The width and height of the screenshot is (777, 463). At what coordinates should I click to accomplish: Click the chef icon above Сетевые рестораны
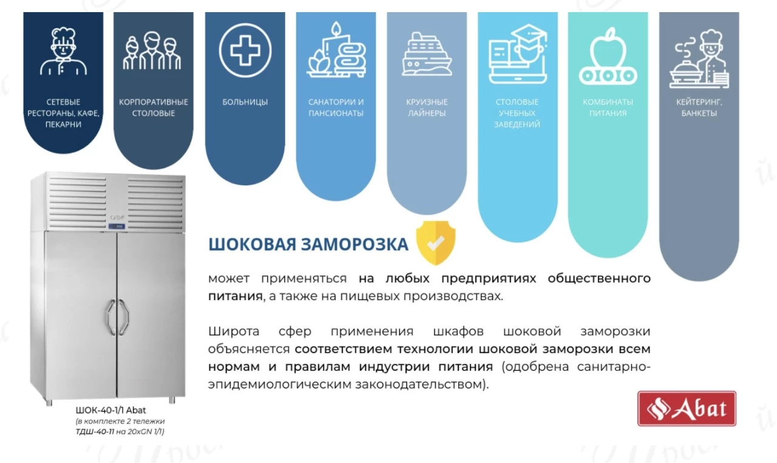click(x=63, y=52)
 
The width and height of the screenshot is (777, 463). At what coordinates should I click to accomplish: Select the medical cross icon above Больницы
click(x=245, y=50)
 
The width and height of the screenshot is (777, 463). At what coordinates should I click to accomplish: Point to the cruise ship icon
click(x=427, y=54)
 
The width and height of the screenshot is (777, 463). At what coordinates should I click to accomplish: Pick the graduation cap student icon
click(x=518, y=54)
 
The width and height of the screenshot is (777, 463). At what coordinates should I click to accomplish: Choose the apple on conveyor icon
click(x=608, y=57)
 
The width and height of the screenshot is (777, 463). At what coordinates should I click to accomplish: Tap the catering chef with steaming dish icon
click(x=699, y=59)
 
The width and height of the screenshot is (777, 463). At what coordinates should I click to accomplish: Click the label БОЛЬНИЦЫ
click(x=245, y=102)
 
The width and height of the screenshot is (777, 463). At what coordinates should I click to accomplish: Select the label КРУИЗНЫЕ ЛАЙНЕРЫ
click(x=427, y=108)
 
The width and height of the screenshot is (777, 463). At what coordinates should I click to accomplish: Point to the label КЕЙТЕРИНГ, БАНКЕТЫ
click(x=699, y=108)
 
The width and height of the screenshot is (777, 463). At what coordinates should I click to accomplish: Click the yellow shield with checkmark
click(x=436, y=242)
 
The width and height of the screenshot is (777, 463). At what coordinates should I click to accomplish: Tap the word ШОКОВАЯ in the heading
click(x=252, y=244)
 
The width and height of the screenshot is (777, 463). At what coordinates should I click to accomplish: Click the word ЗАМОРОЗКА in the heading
click(x=355, y=244)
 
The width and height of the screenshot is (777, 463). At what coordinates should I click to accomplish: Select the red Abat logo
click(x=687, y=408)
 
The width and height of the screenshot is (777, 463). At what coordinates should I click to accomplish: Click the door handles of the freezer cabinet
click(x=118, y=317)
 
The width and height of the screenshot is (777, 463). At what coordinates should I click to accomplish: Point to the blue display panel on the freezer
click(x=117, y=227)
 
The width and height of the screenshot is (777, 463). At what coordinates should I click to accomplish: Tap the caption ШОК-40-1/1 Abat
click(x=110, y=410)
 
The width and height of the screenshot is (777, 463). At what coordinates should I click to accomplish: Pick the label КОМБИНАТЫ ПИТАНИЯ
click(x=608, y=108)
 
